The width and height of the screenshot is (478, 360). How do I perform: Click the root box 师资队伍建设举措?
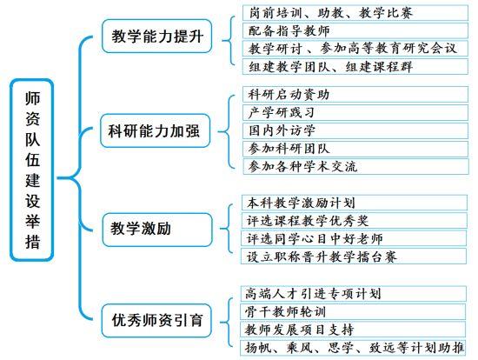click(x=32, y=170)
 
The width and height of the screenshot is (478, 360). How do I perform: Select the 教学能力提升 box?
click(x=157, y=37)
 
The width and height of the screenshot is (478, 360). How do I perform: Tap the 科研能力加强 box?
click(x=156, y=131)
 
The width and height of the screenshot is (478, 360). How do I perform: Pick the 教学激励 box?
click(x=157, y=230)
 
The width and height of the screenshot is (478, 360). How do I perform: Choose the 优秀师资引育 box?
click(x=156, y=320)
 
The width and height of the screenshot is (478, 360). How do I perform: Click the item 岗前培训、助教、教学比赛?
click(x=355, y=13)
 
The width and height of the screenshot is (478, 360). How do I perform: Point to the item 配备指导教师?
click(x=355, y=30)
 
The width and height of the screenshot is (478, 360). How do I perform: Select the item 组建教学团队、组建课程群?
click(x=355, y=66)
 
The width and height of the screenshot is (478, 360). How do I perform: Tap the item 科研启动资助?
click(x=355, y=94)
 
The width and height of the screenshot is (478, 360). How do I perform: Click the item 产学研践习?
click(x=355, y=112)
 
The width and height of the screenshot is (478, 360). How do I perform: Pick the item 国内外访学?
click(x=355, y=130)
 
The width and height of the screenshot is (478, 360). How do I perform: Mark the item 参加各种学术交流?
click(x=355, y=167)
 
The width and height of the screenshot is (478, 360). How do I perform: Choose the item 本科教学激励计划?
click(x=355, y=203)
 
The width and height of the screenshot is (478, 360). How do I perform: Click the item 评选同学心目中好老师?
click(x=354, y=238)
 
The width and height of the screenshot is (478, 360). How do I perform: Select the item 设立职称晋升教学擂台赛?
click(x=354, y=257)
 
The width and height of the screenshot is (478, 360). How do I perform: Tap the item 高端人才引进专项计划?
click(x=354, y=294)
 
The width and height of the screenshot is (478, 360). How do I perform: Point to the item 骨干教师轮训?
click(x=353, y=312)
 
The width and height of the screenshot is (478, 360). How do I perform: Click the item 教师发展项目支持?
click(x=353, y=330)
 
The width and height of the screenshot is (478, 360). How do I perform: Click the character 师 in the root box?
click(x=32, y=98)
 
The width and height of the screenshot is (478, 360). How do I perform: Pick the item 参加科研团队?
click(x=355, y=149)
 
